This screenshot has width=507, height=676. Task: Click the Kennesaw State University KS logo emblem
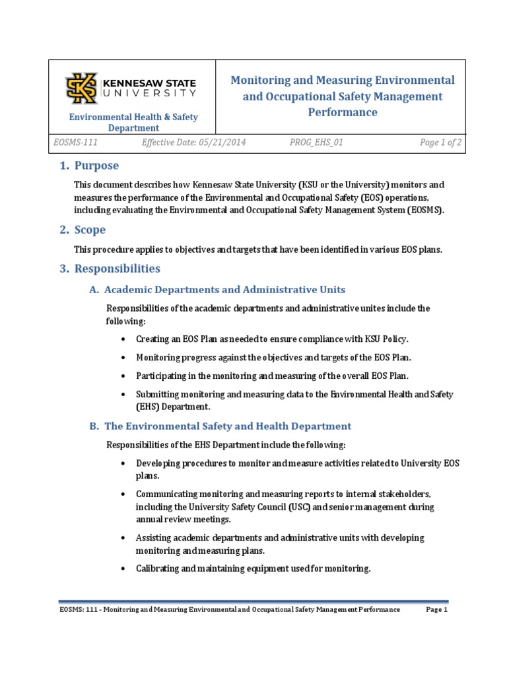[x=81, y=88]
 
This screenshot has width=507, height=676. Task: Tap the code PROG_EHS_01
[x=316, y=143]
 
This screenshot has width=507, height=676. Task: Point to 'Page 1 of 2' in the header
[x=440, y=143]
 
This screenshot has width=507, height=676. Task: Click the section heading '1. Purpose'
[x=89, y=166]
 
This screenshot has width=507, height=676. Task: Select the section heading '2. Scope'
[x=83, y=230]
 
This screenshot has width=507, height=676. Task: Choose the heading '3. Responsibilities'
[x=110, y=269]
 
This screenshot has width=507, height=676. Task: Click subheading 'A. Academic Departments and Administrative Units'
[x=217, y=290]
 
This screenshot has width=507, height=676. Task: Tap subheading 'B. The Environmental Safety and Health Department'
[x=220, y=426]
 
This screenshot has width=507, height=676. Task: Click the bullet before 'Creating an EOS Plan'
[x=124, y=339]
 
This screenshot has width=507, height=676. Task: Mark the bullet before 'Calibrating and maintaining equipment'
[x=124, y=568]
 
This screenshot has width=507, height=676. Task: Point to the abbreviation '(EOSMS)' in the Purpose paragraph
[x=423, y=210]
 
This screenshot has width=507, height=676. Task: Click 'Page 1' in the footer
[x=436, y=610]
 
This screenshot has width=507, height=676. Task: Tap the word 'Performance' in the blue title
[x=342, y=112]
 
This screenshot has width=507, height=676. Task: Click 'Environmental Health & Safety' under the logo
[x=134, y=118]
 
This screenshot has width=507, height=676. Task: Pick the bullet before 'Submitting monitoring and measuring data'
[x=124, y=395]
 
